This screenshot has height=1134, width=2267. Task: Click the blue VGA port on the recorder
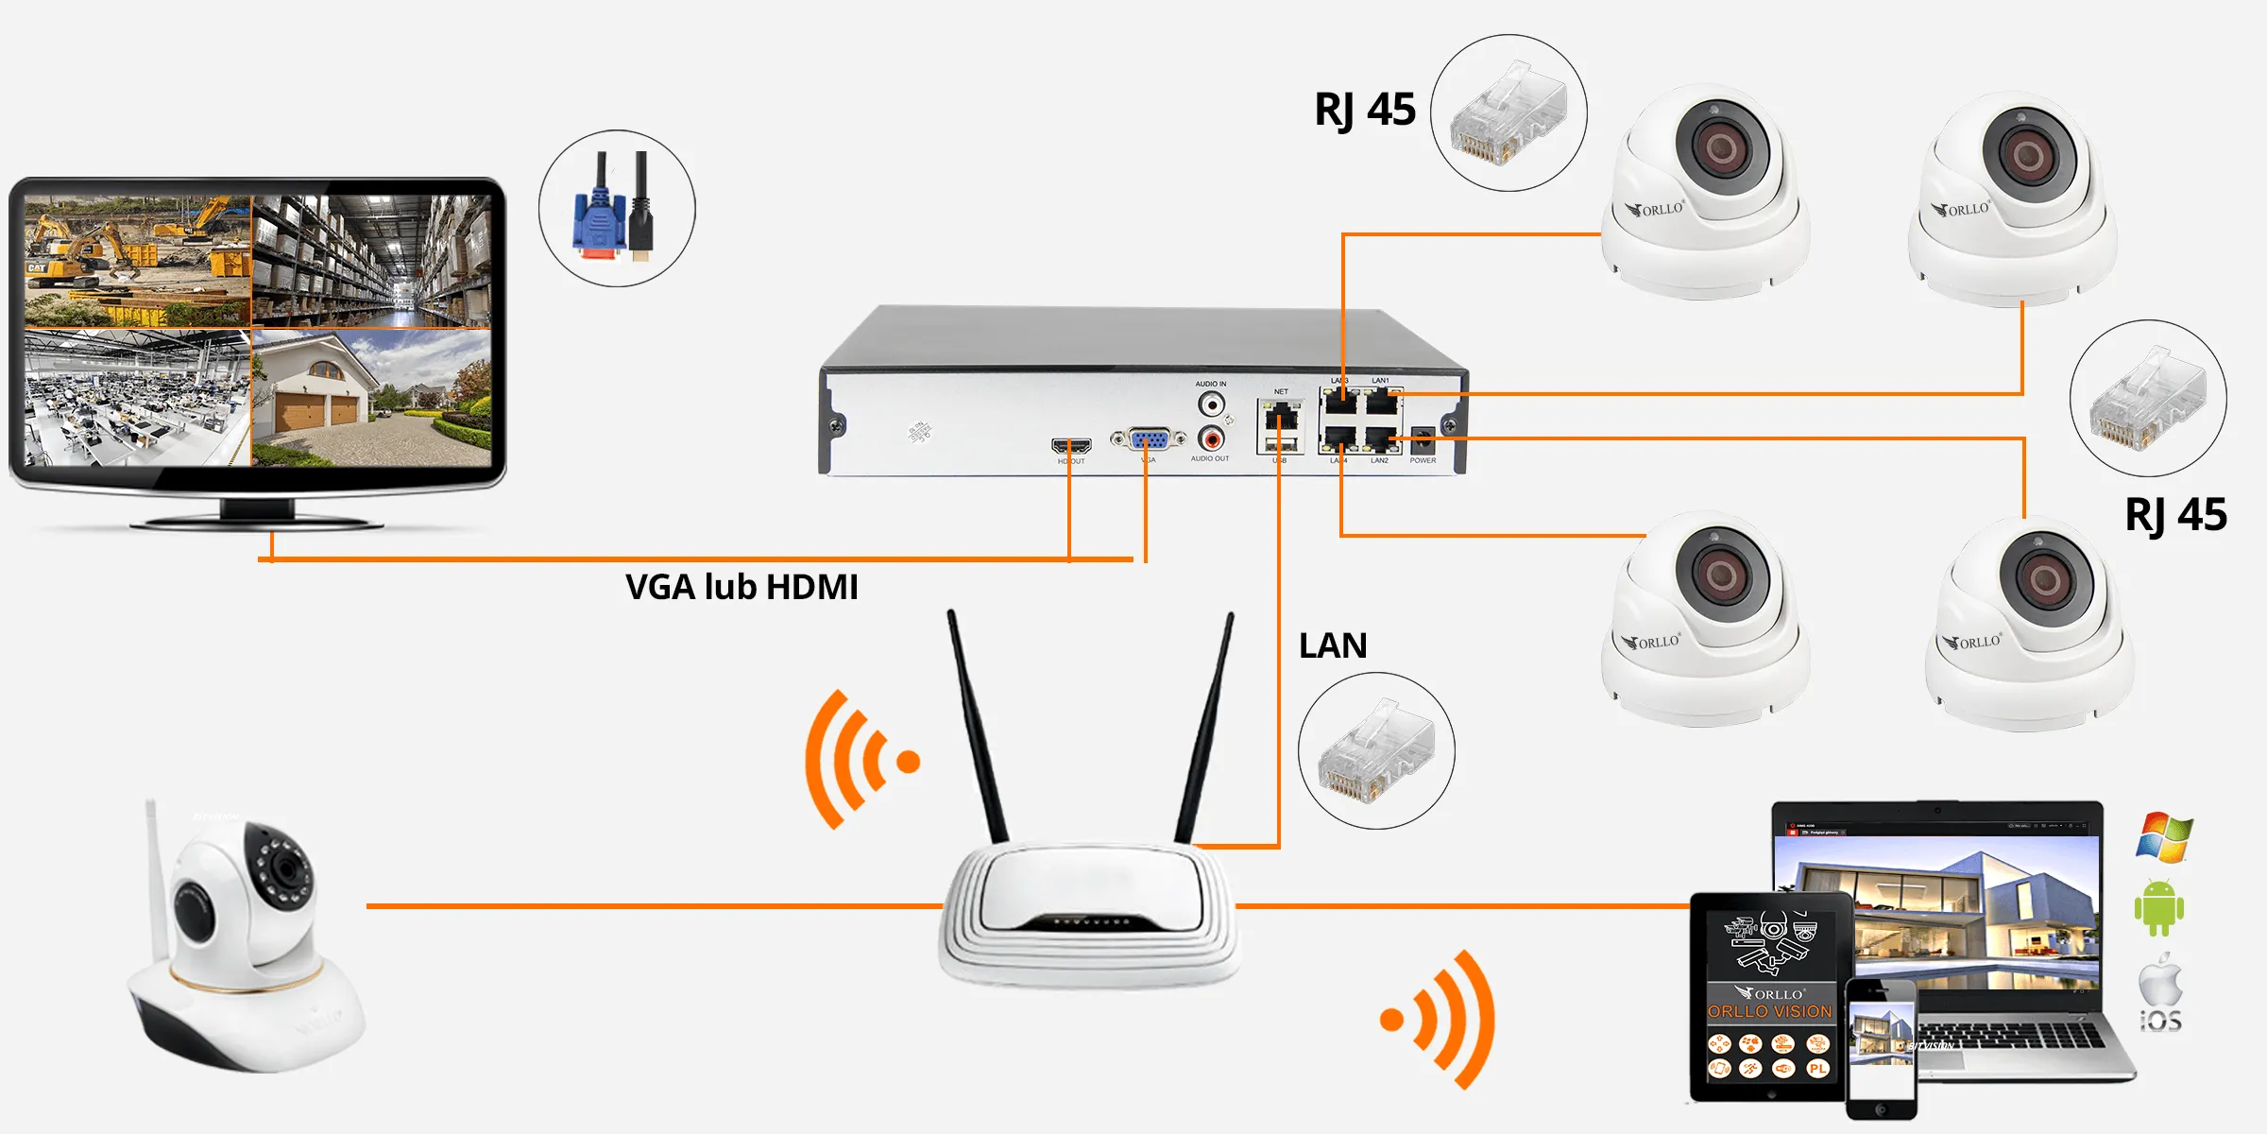coord(1149,439)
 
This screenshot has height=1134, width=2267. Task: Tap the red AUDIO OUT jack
coord(1211,439)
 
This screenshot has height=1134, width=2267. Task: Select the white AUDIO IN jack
coord(1211,404)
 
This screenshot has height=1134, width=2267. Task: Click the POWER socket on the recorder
coord(1422,440)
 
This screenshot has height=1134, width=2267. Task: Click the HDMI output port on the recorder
coord(1071,445)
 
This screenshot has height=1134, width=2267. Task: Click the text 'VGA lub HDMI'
coord(741,587)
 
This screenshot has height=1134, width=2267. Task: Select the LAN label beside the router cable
coord(1333,645)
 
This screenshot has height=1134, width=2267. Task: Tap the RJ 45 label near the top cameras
coord(1365,110)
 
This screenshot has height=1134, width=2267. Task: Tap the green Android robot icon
coord(2158,908)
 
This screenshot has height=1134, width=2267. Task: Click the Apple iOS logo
coord(2160,992)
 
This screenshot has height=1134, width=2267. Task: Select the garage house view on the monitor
coord(371,397)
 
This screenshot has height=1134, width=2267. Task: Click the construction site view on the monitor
coord(138,261)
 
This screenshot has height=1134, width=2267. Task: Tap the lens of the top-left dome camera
coord(1722,146)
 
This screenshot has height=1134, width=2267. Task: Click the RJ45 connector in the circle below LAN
coord(1376,752)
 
